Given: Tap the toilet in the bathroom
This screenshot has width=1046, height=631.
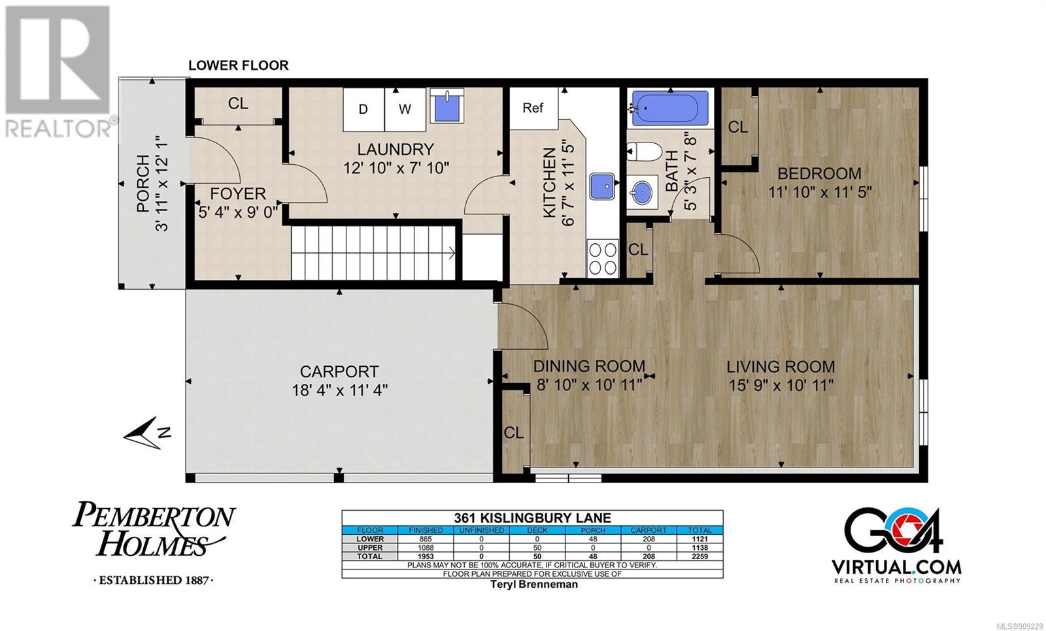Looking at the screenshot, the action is (x=645, y=152).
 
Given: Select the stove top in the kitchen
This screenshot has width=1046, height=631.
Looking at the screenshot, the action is (x=602, y=258).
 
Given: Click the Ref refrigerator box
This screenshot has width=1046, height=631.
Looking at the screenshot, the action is (x=533, y=109).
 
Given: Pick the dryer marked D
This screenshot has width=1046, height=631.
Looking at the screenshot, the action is (x=363, y=109).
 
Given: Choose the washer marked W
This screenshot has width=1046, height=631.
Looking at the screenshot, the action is (x=405, y=109).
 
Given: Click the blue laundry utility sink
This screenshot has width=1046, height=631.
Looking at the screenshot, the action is (x=447, y=106).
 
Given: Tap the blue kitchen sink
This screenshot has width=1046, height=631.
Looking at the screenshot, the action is (x=602, y=186).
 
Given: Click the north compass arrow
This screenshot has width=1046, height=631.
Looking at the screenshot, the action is (x=146, y=433).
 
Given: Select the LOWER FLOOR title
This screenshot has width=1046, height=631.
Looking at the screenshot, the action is (x=238, y=65).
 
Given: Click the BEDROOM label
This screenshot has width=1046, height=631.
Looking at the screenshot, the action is (x=820, y=173).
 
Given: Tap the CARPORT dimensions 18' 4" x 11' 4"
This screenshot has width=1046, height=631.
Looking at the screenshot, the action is (x=340, y=390).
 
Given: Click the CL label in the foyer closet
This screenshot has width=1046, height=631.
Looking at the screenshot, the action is (x=238, y=103).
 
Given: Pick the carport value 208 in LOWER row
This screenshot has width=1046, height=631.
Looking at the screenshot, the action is (x=649, y=539).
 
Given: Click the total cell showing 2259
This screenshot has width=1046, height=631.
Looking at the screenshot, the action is (x=700, y=556).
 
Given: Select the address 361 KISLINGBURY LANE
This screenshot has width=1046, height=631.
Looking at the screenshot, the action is (x=532, y=518).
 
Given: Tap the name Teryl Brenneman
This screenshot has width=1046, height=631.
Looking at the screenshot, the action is (x=533, y=585).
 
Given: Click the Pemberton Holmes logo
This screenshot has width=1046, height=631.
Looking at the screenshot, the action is (x=154, y=543).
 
